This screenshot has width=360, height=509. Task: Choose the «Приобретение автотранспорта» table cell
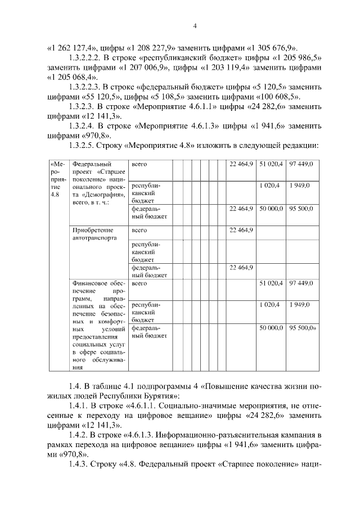coord(93,234)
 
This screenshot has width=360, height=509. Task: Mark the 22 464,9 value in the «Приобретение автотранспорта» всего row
coord(241,230)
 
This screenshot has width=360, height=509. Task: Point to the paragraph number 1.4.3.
coord(78,465)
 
